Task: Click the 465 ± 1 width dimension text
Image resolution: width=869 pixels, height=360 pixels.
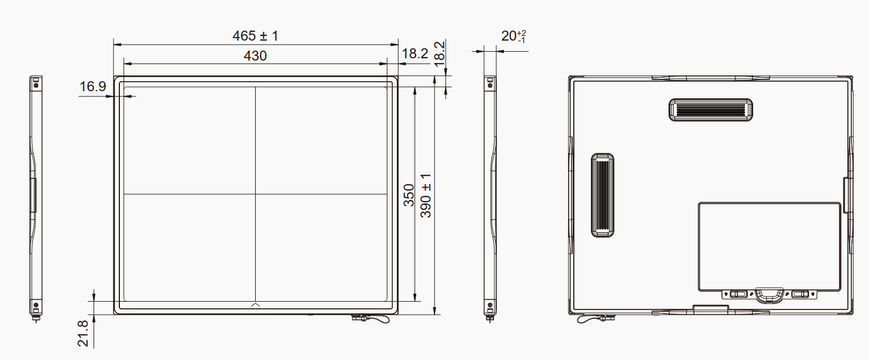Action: click(255, 36)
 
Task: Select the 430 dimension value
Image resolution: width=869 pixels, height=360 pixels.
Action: click(255, 56)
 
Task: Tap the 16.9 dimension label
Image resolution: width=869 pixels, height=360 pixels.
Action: click(92, 87)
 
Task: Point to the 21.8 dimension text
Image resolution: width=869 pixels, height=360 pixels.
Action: click(83, 333)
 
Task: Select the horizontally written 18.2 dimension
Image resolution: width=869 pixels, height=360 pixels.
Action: click(415, 54)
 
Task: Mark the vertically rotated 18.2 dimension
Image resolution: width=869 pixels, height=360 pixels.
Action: click(439, 53)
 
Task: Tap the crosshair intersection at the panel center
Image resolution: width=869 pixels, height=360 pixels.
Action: click(256, 194)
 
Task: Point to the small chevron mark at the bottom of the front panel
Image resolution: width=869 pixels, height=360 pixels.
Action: click(256, 304)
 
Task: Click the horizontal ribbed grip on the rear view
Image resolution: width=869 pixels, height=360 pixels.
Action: click(711, 109)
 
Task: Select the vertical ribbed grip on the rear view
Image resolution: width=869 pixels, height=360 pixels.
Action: click(602, 195)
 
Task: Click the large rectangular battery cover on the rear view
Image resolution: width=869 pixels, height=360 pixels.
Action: click(769, 246)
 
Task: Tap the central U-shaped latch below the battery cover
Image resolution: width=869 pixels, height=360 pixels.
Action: click(769, 294)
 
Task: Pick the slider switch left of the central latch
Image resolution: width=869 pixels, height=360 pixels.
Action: click(738, 294)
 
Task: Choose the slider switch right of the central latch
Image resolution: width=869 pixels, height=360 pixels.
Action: click(800, 294)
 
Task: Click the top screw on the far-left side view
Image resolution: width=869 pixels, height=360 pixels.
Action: click(36, 85)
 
